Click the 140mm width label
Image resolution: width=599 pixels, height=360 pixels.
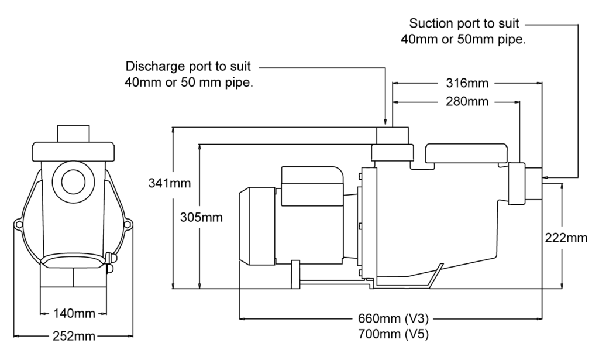74,313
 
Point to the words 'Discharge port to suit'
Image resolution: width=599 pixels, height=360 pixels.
191,66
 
